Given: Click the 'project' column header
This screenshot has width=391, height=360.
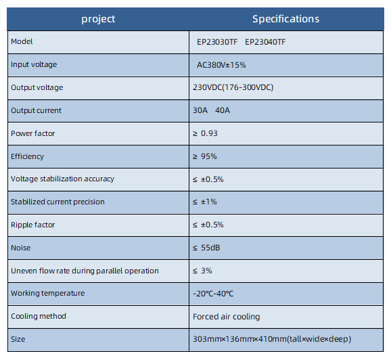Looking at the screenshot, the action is tap(98, 19).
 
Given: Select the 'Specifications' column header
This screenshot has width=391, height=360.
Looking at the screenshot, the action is tap(285, 19).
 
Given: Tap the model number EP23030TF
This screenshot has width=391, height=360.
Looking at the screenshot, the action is tap(217, 42).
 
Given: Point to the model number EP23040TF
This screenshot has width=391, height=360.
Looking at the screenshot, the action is tap(265, 42).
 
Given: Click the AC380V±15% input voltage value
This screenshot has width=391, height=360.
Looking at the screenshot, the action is tap(221, 65).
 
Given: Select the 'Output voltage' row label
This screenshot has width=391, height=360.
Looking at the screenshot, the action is tap(37, 87).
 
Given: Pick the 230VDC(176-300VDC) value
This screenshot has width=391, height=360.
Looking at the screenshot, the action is tap(233, 87).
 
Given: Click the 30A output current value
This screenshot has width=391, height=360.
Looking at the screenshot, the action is tap(200, 110).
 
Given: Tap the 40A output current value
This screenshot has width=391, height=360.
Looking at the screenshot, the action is tap(223, 110).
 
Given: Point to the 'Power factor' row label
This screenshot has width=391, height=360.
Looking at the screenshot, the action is tap(33, 133).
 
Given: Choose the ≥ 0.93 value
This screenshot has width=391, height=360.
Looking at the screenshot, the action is tap(205, 133).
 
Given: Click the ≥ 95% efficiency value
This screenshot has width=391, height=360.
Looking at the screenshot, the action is tap(205, 156).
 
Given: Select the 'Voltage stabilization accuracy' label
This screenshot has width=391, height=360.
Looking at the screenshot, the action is tap(63, 179).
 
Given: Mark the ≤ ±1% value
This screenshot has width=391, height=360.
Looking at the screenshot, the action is tap(205, 202).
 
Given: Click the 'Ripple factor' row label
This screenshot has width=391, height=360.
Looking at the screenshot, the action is tap(33, 225).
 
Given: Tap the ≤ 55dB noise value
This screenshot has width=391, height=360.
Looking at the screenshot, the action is tap(206, 248).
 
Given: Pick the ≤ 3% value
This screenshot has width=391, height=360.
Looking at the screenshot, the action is tap(202, 271).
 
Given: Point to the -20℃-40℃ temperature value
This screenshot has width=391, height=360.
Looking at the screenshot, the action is tap(213, 294).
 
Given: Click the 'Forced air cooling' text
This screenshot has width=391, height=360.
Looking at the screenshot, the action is tap(227, 317).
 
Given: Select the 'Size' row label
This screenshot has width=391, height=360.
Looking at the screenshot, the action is tap(18, 339).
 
